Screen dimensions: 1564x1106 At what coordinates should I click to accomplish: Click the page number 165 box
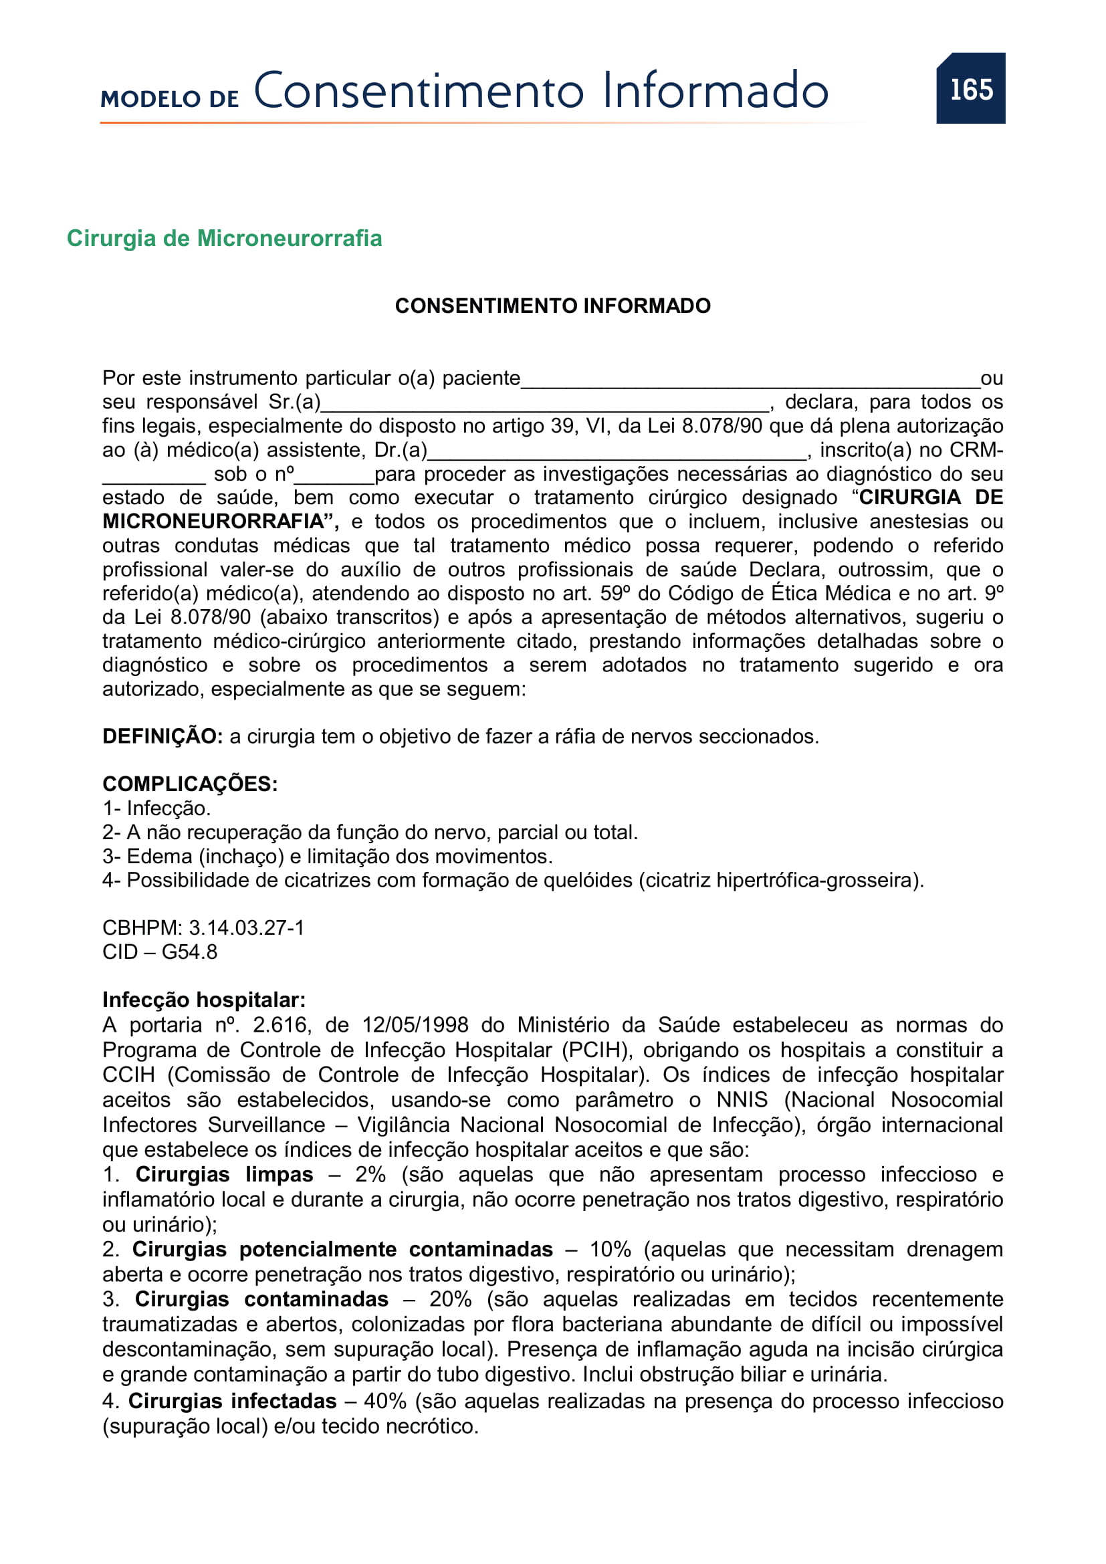point(970,88)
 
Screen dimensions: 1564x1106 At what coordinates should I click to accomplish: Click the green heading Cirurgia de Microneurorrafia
point(224,239)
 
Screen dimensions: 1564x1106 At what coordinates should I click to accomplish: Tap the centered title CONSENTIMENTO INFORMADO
point(552,306)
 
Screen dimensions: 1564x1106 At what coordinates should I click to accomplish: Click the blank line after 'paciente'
point(749,381)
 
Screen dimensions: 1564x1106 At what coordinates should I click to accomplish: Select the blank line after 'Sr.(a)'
point(545,406)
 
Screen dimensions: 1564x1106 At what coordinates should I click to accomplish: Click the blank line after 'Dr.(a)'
point(617,453)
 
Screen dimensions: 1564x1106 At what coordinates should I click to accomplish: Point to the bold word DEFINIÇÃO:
point(162,736)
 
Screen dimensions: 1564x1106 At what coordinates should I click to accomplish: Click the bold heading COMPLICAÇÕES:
point(190,784)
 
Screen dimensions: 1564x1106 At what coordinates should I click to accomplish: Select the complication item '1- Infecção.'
point(156,808)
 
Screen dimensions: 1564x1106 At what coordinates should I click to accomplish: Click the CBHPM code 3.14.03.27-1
point(246,928)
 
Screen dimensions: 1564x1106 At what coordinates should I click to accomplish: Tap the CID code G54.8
point(189,952)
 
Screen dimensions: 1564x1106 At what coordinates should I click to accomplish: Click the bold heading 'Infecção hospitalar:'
point(204,1000)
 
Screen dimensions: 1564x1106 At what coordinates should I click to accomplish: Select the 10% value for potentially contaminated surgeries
point(610,1250)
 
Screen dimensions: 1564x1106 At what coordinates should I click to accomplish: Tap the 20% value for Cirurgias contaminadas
point(450,1300)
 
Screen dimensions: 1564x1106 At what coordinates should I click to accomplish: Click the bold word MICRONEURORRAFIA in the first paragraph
point(213,522)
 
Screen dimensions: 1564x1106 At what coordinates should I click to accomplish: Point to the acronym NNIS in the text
point(742,1100)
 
